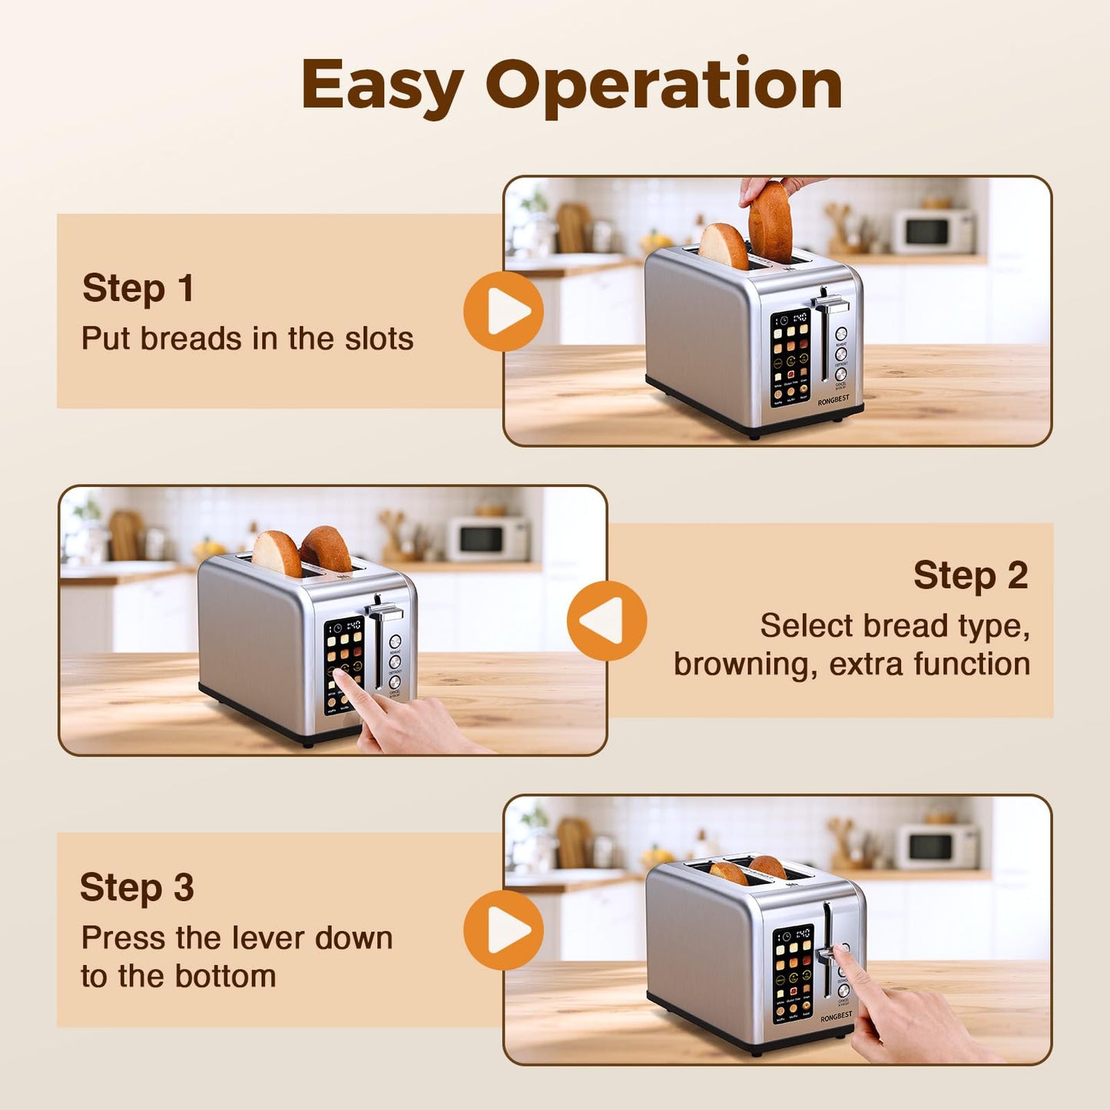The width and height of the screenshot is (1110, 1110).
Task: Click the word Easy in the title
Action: (x=382, y=86)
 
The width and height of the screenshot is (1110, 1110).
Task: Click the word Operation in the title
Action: (x=664, y=86)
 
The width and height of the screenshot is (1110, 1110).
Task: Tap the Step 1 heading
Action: (x=138, y=289)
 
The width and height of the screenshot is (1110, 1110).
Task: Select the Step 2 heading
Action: (x=970, y=575)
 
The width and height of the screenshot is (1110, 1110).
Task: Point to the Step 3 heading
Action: (x=137, y=888)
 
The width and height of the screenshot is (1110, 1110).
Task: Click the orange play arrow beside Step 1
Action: (x=504, y=312)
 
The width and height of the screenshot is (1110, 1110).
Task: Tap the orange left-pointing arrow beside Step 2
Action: (x=606, y=621)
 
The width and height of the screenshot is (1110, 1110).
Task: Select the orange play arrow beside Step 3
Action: (x=504, y=930)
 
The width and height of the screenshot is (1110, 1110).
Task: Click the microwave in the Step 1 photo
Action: (x=933, y=231)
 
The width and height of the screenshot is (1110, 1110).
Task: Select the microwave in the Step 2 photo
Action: (x=489, y=538)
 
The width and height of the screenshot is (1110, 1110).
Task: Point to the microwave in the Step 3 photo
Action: (x=936, y=846)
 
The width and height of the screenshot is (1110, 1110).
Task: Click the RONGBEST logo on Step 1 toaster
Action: (x=833, y=401)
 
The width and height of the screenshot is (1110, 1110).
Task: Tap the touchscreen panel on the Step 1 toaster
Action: (x=790, y=357)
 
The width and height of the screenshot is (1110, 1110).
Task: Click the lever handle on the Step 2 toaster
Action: (x=384, y=612)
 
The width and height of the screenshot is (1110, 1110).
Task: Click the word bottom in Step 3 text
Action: (x=225, y=976)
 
